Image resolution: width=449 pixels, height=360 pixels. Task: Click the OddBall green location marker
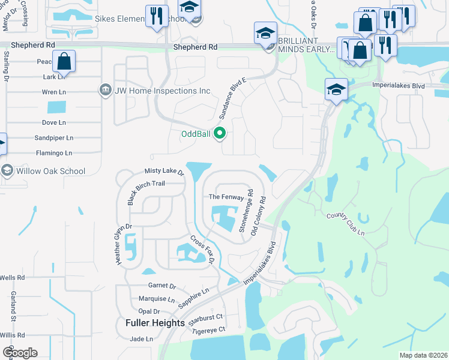point(220,134)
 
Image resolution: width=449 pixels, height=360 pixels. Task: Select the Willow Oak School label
point(51,171)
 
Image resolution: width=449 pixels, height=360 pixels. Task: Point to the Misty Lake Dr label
point(164,172)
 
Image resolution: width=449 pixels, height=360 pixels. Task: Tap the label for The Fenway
point(226,197)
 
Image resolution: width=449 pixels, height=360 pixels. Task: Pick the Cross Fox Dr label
point(202,248)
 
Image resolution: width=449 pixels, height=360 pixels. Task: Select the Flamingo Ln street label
point(54,153)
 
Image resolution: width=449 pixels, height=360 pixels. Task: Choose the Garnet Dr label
point(161,287)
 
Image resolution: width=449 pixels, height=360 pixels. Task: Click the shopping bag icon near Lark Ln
point(64,61)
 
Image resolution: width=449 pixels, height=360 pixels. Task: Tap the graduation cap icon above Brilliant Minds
point(265,34)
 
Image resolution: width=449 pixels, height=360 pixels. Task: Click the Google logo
point(20,353)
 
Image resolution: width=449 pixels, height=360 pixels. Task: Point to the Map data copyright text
point(423,355)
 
